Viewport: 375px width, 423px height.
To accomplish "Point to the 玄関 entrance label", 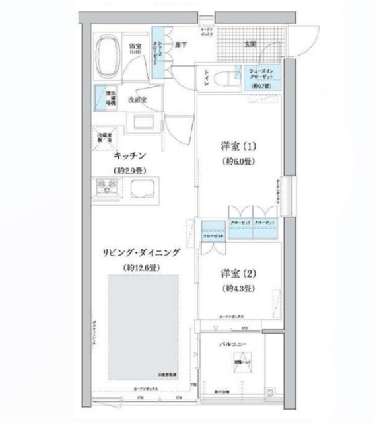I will pos(250,44).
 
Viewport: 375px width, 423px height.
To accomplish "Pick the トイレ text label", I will pos(207,77).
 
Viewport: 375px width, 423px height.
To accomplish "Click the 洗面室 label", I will pos(137,99).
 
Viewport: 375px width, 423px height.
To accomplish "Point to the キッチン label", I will pos(129,156).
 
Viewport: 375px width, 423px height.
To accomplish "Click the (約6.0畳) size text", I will pos(237,161).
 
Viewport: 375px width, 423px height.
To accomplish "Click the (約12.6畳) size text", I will pos(142,267).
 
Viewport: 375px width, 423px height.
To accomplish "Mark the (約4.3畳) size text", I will pos(237,289).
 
